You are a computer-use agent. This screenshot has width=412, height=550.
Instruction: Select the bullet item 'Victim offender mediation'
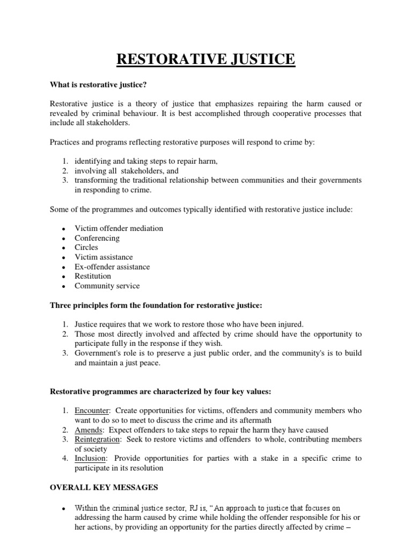119,228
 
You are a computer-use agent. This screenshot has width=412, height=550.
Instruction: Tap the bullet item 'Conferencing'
97,238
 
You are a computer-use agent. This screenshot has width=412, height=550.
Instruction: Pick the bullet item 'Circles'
86,248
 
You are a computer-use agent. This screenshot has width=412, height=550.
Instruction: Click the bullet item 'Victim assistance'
104,257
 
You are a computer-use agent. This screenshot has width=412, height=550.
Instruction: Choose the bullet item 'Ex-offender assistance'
112,267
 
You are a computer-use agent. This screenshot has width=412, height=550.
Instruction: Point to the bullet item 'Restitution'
93,276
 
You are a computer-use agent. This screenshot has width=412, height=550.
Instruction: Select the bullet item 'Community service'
107,286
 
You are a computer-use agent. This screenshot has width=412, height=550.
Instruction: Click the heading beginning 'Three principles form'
156,305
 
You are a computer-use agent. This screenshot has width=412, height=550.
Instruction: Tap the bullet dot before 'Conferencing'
63,238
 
